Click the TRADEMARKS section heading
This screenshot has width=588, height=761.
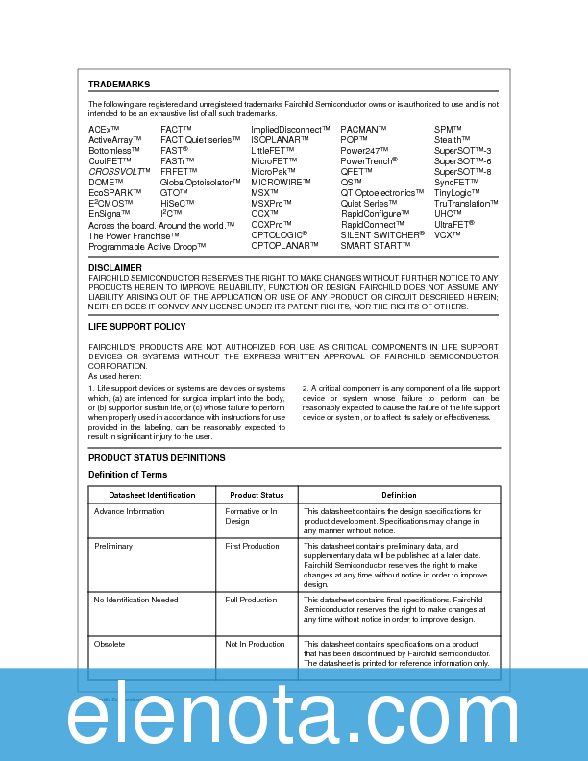pos(119,85)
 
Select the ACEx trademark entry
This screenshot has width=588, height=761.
pos(104,129)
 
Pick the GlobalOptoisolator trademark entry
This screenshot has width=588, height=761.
pos(201,182)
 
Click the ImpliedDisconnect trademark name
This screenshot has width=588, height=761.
pos(291,129)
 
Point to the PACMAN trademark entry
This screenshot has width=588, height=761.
pos(364,129)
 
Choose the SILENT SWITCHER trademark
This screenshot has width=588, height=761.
pos(382,234)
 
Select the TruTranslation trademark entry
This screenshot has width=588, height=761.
pos(466,203)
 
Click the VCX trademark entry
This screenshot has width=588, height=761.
pos(448,234)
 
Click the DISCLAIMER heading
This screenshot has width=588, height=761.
pos(115,267)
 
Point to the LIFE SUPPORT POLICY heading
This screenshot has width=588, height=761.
pos(137,327)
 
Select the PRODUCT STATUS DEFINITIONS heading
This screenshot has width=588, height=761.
pos(157,458)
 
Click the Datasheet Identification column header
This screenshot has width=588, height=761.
pos(152,495)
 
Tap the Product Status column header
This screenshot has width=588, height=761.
pos(257,495)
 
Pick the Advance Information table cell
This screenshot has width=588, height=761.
pos(130,512)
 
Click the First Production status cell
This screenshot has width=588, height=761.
pos(252,546)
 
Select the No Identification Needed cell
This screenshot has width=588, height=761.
pos(136,600)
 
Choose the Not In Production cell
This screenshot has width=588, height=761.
pos(255,644)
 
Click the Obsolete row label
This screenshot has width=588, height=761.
pos(110,644)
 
